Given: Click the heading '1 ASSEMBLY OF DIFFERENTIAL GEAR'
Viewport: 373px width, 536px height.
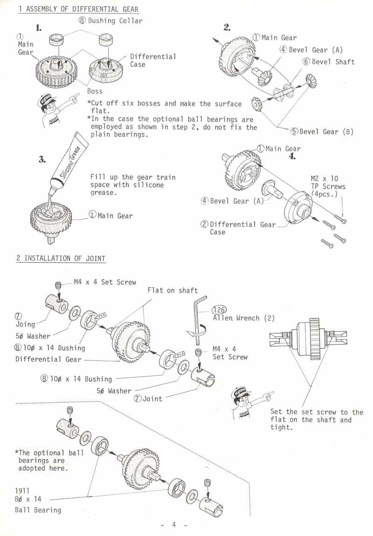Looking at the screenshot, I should coord(78,9).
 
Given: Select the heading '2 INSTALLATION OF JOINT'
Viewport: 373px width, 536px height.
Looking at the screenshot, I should coord(61,258).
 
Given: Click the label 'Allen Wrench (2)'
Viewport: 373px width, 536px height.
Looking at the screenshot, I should coord(243,319).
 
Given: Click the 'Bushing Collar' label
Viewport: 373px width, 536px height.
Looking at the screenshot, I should coord(115,20).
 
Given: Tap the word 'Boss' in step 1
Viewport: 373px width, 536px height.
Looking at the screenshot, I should coord(95,91).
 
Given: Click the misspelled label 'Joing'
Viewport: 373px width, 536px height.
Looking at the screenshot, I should coord(26,324).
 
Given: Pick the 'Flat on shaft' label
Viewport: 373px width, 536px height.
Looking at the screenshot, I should coord(173,290).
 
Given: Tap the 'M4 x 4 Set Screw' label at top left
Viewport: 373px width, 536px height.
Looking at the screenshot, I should coord(105,282).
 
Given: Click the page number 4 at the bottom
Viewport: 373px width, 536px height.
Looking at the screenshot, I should coord(173,524).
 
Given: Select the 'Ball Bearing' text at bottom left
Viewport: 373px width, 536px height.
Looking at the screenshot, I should coord(38,510).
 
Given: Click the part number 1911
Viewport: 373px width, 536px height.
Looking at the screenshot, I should coord(22,490).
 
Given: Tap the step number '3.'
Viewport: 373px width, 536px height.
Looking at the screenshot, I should coord(42,160).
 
